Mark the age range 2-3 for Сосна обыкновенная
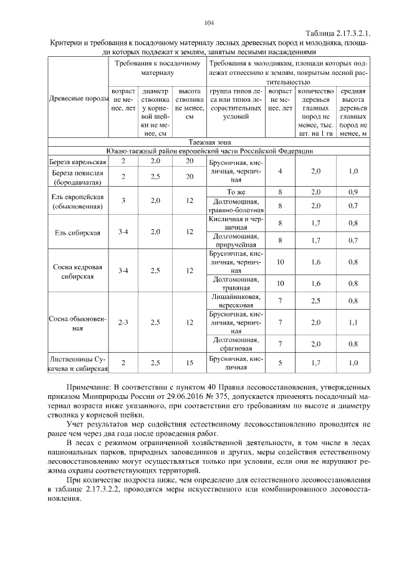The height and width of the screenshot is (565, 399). click(x=123, y=323)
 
